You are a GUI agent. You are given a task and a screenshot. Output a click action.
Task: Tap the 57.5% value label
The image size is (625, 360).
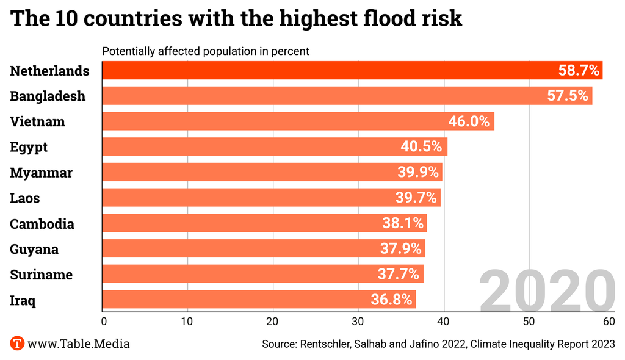568,96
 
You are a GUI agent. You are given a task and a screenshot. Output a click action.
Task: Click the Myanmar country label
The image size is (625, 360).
42,173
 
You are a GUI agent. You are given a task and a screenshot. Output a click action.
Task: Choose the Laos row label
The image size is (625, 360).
25,198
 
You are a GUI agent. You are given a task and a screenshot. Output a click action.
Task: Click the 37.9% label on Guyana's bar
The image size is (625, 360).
400,249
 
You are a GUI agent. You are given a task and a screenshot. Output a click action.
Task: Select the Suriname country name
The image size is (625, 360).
42,275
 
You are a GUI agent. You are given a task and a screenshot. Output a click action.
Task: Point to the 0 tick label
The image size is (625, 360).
104,321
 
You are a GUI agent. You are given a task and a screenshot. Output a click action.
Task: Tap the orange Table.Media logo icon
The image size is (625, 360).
17,344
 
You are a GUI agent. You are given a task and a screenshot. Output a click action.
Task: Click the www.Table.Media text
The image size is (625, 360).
78,344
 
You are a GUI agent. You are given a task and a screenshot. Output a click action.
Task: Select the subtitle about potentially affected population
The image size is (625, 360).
206,51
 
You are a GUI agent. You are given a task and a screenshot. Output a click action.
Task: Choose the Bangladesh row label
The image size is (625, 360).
48,96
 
